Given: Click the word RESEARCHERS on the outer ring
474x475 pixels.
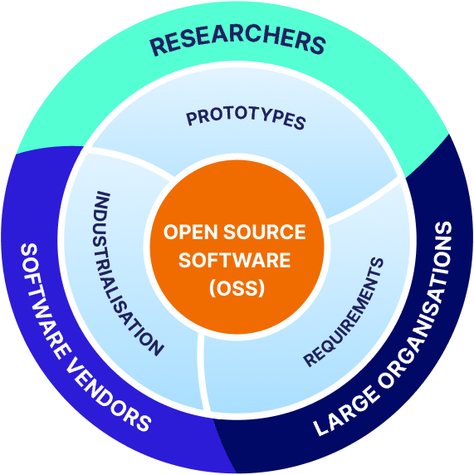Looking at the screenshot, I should pyautogui.click(x=236, y=42).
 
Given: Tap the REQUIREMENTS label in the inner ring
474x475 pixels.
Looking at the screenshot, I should pyautogui.click(x=344, y=312).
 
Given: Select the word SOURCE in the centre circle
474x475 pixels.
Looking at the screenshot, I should pyautogui.click(x=262, y=232).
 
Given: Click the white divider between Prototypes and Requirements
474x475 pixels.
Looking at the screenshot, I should pyautogui.click(x=365, y=207).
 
